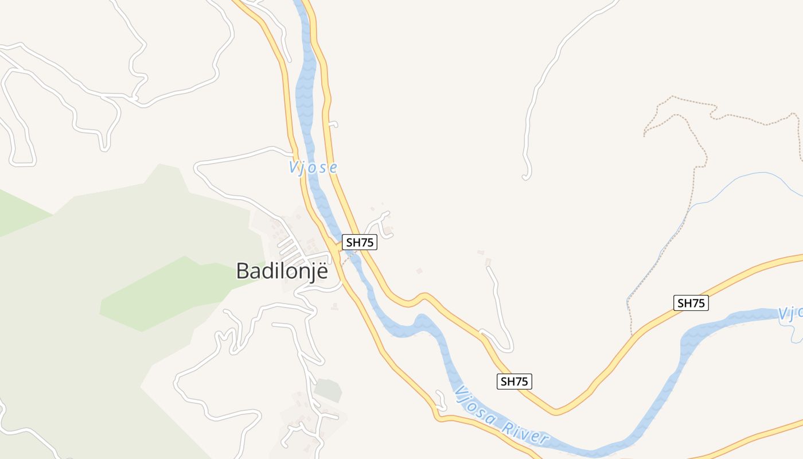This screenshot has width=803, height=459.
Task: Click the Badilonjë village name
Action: [x=282, y=271]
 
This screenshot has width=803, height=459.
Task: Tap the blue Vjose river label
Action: [x=313, y=168]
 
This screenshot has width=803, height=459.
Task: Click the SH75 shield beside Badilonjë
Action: [x=360, y=243]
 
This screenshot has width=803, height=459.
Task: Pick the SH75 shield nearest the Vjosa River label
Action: [x=514, y=381]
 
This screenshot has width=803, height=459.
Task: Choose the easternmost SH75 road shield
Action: [x=691, y=303]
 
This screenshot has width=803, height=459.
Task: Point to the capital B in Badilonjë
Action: [x=243, y=271]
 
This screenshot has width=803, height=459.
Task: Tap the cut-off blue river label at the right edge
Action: [x=790, y=314]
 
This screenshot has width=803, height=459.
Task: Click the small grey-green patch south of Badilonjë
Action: [x=328, y=390]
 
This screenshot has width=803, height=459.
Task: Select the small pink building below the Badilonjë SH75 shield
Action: [x=419, y=271]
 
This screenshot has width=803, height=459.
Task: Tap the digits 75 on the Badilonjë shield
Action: [x=367, y=243]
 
